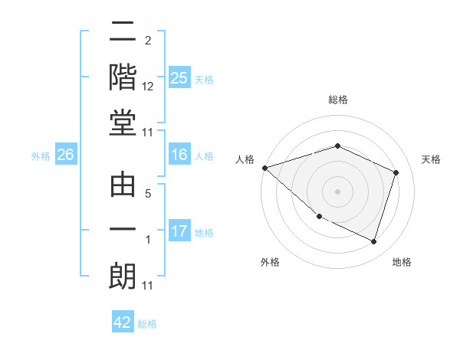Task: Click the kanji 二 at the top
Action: click(x=123, y=33)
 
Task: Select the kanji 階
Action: click(x=123, y=77)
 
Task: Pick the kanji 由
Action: click(x=123, y=186)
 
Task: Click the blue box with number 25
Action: click(x=179, y=77)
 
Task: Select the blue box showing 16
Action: click(x=179, y=155)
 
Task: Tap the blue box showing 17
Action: click(x=179, y=231)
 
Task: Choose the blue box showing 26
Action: click(x=65, y=155)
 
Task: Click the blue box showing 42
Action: click(x=123, y=322)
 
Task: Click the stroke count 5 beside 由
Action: click(x=148, y=195)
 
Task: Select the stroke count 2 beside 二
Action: click(x=148, y=40)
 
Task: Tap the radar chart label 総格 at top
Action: click(x=337, y=100)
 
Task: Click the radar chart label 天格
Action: click(x=432, y=159)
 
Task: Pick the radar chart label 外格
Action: click(x=269, y=262)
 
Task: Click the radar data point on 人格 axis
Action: click(x=264, y=168)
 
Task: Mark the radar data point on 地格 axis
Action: click(x=373, y=242)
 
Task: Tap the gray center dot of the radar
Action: click(x=337, y=191)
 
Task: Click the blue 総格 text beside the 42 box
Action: click(x=147, y=324)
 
